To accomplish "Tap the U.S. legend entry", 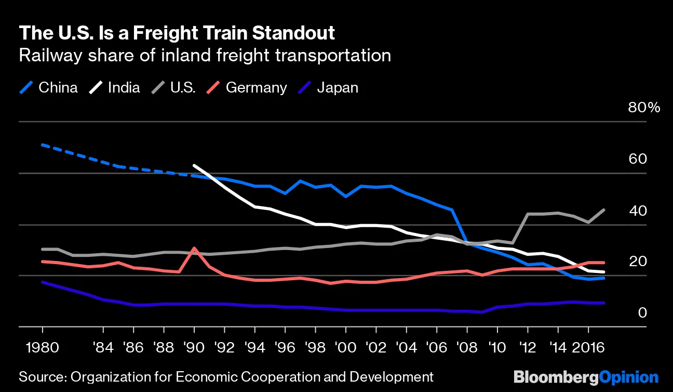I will [x=174, y=87].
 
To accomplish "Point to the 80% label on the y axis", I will [x=644, y=108].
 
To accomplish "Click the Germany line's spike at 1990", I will [x=194, y=248].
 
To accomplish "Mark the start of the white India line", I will [x=194, y=165].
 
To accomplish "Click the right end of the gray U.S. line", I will [x=604, y=210].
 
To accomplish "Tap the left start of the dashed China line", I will [x=43, y=145].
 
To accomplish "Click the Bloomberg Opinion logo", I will [x=586, y=377].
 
